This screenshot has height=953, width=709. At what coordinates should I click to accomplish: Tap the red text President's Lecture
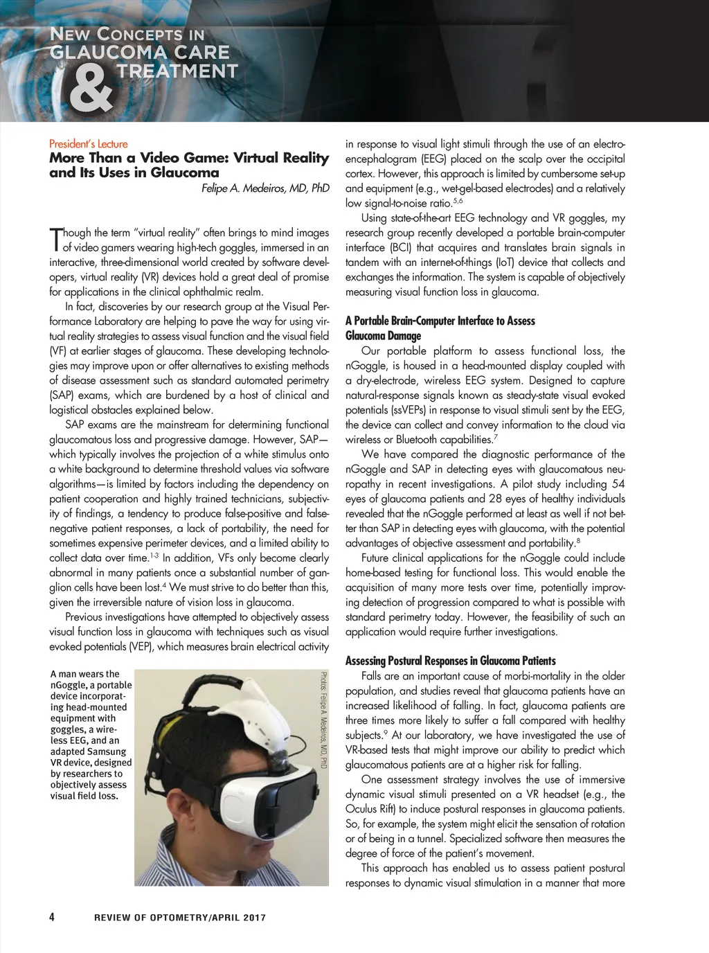[x=88, y=144]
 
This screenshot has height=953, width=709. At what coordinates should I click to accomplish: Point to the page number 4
[x=53, y=917]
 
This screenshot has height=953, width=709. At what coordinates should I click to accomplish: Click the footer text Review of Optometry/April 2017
[x=180, y=918]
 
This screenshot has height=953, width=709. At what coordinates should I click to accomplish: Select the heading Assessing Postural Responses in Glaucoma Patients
[x=450, y=661]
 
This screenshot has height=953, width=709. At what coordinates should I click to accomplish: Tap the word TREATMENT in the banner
[x=177, y=71]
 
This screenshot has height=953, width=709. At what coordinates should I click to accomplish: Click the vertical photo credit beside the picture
[x=323, y=720]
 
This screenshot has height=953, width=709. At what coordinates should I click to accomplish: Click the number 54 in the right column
[x=618, y=484]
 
